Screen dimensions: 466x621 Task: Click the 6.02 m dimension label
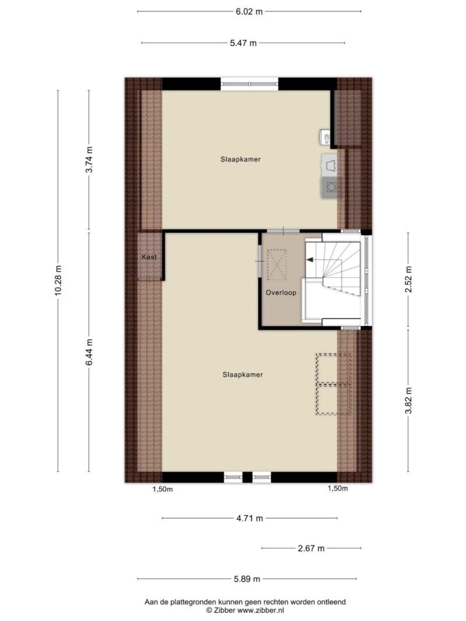[249, 12]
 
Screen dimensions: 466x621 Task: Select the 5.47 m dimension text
[243, 42]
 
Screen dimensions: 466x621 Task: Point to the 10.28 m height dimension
[58, 281]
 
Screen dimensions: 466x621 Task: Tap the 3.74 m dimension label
[89, 159]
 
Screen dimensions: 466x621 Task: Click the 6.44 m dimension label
[89, 352]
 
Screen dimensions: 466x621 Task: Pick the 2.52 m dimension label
[408, 279]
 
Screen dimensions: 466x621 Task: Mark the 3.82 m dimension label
[408, 400]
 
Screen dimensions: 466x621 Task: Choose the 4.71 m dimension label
[250, 518]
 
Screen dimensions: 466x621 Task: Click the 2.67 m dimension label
[311, 548]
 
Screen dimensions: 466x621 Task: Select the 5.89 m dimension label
[247, 579]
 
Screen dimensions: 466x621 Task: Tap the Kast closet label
[149, 257]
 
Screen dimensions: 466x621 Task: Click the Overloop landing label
[281, 293]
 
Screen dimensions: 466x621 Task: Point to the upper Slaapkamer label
[241, 159]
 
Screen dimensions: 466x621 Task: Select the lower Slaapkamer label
[242, 375]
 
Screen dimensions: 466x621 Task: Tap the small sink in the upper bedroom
[326, 137]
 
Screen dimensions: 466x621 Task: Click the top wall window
[249, 84]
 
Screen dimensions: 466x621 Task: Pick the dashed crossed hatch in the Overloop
[277, 265]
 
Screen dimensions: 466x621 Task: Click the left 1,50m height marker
[163, 489]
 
